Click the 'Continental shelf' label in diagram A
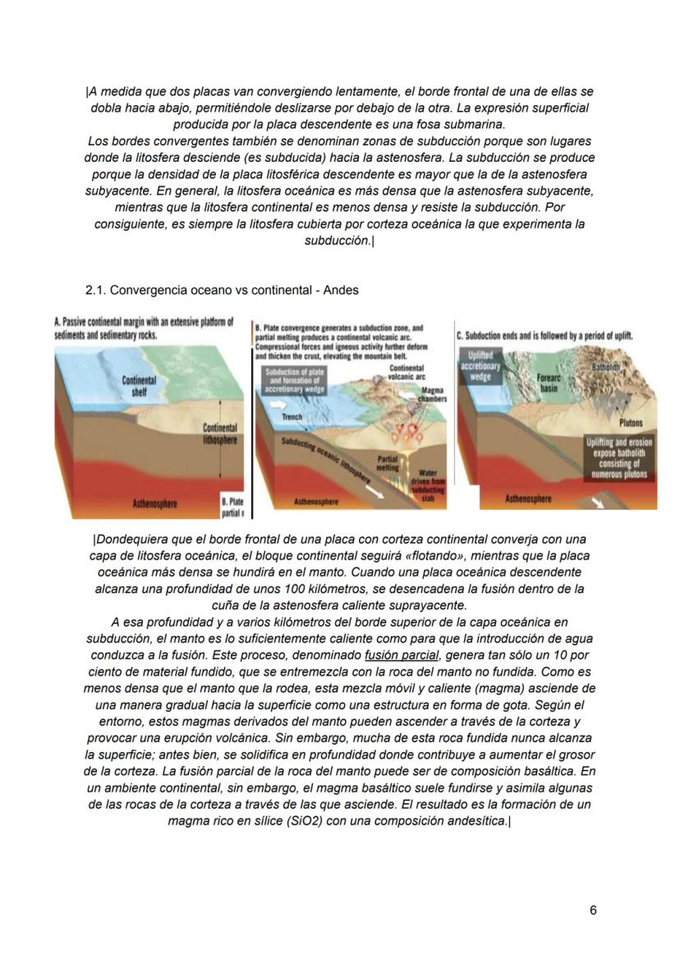click(x=134, y=386)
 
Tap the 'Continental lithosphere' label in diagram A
click(x=220, y=434)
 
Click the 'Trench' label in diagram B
click(x=292, y=417)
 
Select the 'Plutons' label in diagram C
click(x=632, y=424)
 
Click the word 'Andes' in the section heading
click(x=340, y=290)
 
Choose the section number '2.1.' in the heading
click(x=96, y=290)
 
